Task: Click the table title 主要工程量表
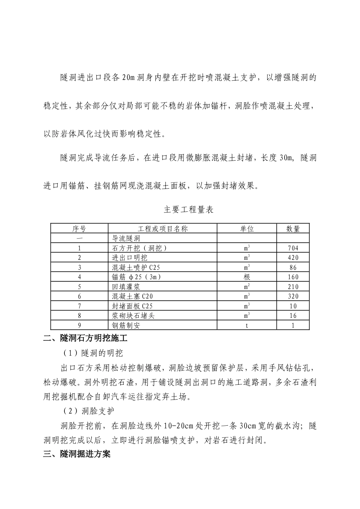click(x=188, y=209)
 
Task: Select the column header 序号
click(x=79, y=229)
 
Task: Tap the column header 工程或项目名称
click(x=163, y=229)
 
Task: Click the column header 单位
click(x=247, y=229)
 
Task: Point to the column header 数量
click(x=293, y=229)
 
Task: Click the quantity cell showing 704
click(x=293, y=248)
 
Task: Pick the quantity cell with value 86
click(x=293, y=267)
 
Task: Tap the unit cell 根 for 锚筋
click(x=247, y=277)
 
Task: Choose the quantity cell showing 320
click(x=293, y=296)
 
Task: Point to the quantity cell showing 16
click(x=293, y=315)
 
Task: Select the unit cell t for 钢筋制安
click(x=247, y=325)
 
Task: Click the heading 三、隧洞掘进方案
click(x=77, y=454)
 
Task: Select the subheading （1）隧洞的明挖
click(x=93, y=353)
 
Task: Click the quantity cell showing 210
click(x=293, y=287)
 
